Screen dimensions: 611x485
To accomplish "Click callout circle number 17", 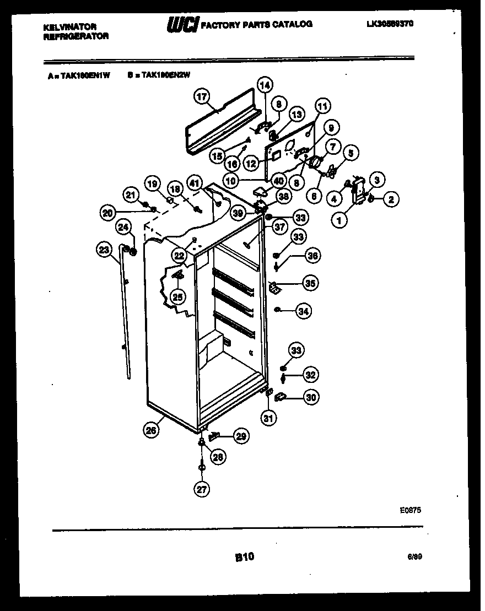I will (x=202, y=97).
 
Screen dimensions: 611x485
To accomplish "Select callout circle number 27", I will (x=202, y=488).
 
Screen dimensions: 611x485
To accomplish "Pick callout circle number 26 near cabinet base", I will (x=152, y=431).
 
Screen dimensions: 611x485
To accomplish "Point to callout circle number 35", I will (x=310, y=284).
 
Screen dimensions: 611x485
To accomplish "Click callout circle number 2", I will (x=390, y=199).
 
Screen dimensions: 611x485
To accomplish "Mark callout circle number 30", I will (x=311, y=397).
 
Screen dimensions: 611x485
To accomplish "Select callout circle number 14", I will (x=265, y=85).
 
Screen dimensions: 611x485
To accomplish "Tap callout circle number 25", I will (x=177, y=297).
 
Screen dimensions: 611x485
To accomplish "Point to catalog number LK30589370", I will (x=390, y=24).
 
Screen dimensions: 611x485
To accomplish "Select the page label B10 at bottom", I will (x=244, y=558).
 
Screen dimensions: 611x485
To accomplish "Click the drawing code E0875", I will (x=411, y=511).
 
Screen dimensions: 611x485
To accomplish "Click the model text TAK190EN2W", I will (x=165, y=77).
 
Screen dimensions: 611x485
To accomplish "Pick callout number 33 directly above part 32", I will (x=297, y=350).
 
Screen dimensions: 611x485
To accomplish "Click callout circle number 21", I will (x=130, y=194).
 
